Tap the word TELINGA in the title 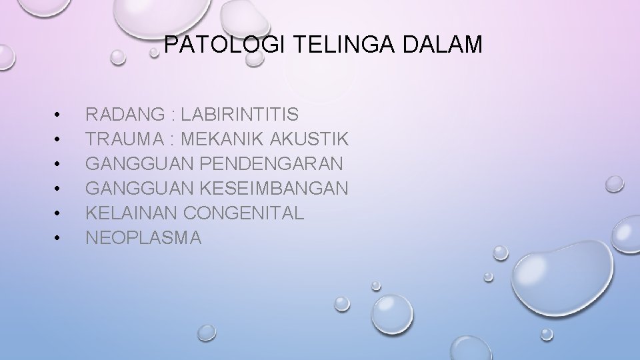[x=323, y=45]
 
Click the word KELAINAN [x=131, y=213]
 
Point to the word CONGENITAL [x=243, y=213]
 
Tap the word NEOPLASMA [x=143, y=238]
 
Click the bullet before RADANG [x=59, y=116]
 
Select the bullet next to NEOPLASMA [x=59, y=238]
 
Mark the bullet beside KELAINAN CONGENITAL [x=59, y=213]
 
